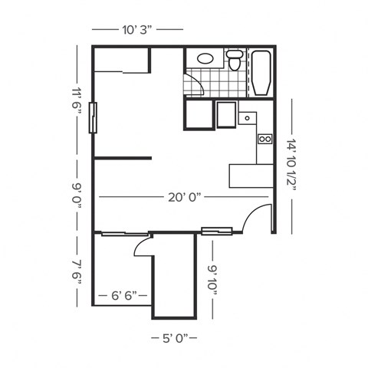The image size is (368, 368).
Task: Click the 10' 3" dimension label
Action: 137,30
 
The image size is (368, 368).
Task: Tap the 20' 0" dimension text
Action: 183,197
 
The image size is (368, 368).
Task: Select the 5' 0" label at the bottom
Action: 174,337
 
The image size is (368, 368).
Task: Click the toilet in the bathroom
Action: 235,59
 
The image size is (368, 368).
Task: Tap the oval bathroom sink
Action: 205,58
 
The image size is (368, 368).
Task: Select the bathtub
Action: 261,73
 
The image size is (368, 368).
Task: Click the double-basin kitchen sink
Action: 264,139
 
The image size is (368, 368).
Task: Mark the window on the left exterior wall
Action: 93,118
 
